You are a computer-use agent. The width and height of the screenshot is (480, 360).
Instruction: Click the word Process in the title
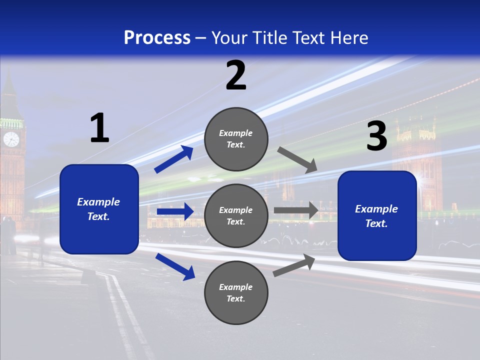[157, 38]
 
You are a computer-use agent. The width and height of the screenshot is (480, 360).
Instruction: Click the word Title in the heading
[268, 38]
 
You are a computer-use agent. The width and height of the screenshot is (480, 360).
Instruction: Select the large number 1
[99, 128]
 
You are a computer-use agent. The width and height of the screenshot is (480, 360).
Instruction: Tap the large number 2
[236, 75]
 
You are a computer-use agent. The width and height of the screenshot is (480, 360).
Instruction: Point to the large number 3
[376, 136]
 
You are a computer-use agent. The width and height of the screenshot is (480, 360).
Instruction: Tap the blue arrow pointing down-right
[175, 266]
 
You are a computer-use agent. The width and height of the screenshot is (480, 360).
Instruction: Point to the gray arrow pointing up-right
[294, 265]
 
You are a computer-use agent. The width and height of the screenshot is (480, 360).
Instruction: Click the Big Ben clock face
[11, 139]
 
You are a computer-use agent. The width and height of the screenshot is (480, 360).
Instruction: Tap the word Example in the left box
[98, 202]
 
